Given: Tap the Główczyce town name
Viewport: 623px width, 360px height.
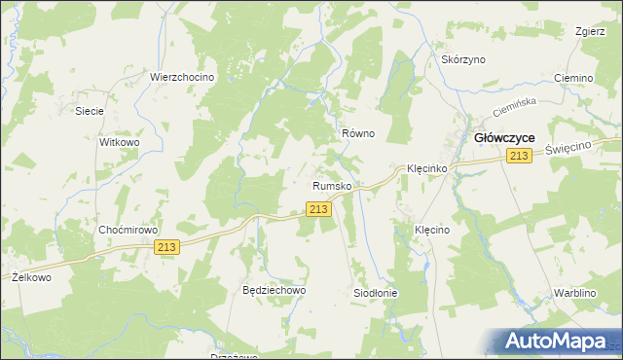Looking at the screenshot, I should [x=503, y=138].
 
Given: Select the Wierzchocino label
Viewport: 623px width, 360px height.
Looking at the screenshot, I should [x=181, y=77].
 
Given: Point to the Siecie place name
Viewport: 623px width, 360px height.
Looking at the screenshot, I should [x=90, y=111].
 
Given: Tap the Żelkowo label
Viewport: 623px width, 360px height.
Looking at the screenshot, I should [x=31, y=277].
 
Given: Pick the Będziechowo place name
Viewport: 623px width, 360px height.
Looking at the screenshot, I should [x=275, y=290].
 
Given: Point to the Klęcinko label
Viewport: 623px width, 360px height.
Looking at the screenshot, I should [x=425, y=168].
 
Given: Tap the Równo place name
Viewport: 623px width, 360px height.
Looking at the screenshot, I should [x=358, y=133].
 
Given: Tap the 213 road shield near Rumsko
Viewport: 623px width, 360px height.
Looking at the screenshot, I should [x=317, y=209].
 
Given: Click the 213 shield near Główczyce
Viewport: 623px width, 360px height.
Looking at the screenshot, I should [x=518, y=157].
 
